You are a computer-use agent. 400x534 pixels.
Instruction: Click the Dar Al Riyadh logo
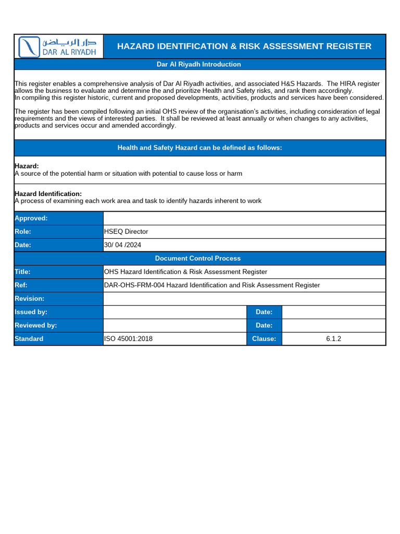58,46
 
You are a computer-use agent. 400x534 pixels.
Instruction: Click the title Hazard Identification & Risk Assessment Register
244,46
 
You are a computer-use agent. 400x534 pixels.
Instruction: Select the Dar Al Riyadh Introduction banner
199,64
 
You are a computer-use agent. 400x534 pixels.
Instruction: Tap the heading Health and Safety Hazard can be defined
199,148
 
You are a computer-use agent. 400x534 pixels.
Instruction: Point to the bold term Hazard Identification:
48,193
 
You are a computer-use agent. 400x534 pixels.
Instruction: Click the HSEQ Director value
126,232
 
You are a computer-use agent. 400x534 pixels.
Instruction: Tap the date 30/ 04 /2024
123,245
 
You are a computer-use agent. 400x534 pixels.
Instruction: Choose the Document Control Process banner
198,258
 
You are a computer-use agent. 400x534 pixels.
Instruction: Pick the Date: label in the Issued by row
264,312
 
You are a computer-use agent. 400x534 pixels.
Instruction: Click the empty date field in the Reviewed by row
333,325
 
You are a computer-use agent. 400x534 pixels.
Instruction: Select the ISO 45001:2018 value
129,339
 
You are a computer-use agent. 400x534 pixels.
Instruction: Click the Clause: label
264,339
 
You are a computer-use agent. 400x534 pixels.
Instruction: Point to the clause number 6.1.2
333,339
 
